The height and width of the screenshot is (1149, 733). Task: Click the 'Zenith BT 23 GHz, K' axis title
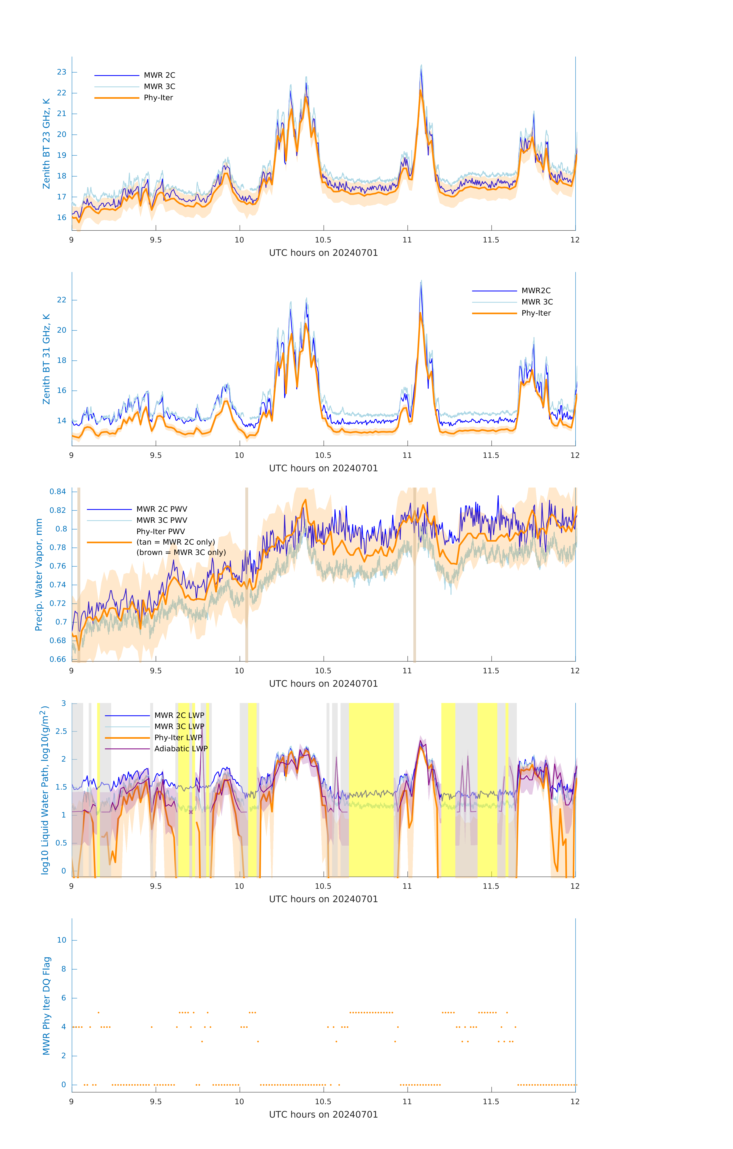pyautogui.click(x=46, y=144)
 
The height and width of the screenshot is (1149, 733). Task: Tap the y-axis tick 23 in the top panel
pyautogui.click(x=62, y=72)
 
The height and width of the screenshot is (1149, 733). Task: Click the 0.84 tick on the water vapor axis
pyautogui.click(x=58, y=491)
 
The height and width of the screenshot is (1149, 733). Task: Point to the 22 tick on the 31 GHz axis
pyautogui.click(x=62, y=300)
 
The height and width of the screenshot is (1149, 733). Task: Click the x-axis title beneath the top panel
pyautogui.click(x=323, y=253)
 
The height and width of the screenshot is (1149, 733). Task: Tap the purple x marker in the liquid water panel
pyautogui.click(x=191, y=812)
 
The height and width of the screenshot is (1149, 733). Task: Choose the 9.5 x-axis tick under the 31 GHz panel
pyautogui.click(x=156, y=455)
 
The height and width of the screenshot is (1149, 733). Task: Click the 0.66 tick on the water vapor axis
pyautogui.click(x=58, y=660)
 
